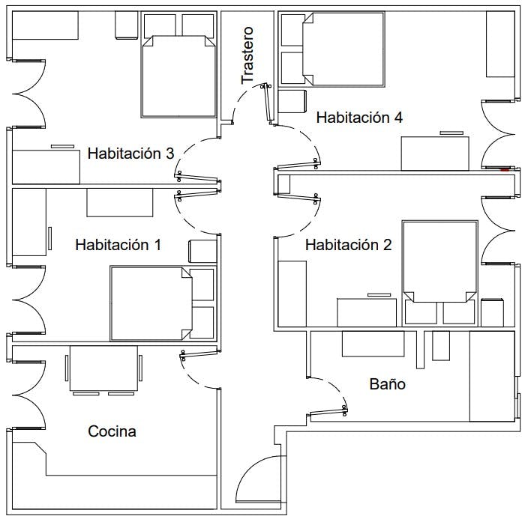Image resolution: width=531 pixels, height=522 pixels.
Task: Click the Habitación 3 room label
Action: coord(130,154)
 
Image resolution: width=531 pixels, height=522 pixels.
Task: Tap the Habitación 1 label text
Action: coord(118,245)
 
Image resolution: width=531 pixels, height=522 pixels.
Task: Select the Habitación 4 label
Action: coord(359,118)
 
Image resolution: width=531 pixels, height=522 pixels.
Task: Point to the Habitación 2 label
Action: coord(349,245)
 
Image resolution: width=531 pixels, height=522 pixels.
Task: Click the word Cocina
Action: coord(112,431)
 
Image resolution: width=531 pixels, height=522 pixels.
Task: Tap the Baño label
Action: coord(388,384)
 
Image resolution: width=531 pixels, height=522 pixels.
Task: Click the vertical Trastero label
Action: coord(247,55)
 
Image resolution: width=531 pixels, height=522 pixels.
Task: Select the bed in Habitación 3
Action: coord(178,76)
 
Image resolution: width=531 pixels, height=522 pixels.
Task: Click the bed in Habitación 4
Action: coord(343,49)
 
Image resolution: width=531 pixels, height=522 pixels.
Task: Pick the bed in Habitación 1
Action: coord(151,303)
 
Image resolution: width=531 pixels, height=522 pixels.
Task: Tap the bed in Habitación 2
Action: coord(440,261)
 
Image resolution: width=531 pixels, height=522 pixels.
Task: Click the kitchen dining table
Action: coord(103,368)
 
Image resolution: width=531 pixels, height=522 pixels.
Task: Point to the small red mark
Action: coord(505,170)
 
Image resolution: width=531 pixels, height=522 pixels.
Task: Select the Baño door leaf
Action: coord(328,412)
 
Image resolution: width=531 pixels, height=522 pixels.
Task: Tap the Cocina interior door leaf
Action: coord(199,354)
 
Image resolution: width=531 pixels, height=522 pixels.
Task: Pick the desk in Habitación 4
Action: coord(435,154)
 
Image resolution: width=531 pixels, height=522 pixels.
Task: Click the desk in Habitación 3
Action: coord(46,167)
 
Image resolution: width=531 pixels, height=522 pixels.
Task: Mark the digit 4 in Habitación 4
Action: coord(398,118)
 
